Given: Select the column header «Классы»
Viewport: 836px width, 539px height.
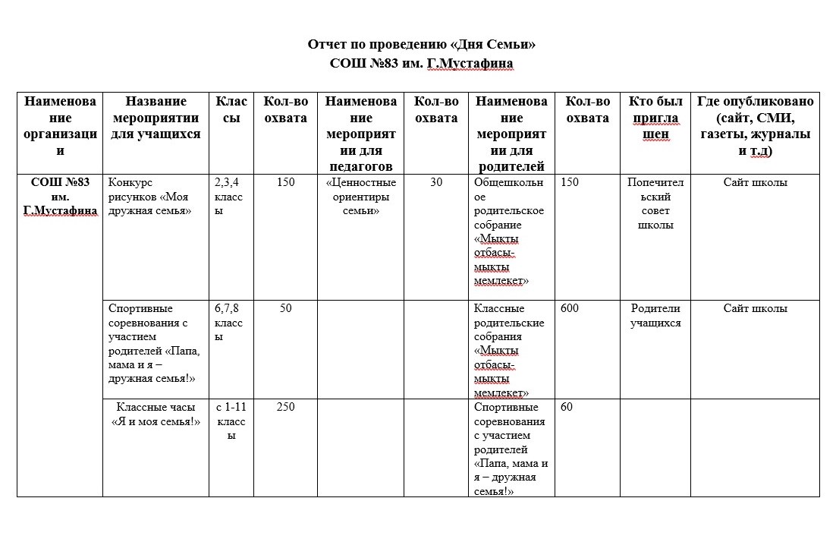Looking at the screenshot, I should pyautogui.click(x=231, y=109).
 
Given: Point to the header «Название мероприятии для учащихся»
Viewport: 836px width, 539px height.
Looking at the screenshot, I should pyautogui.click(x=156, y=118).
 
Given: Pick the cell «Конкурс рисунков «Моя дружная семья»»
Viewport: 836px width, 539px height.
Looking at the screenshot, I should pyautogui.click(x=149, y=197).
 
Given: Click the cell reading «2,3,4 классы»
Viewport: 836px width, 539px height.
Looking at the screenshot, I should pyautogui.click(x=230, y=197).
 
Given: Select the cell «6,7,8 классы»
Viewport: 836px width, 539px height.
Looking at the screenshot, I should pyautogui.click(x=230, y=323).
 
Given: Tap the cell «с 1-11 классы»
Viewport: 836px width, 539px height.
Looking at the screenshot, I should pyautogui.click(x=231, y=421).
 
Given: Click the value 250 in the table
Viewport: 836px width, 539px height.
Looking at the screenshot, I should pyautogui.click(x=285, y=407).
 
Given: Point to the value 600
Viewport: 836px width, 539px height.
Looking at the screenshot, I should pyautogui.click(x=570, y=308).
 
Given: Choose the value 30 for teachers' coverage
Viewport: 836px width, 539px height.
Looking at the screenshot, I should pyautogui.click(x=436, y=182).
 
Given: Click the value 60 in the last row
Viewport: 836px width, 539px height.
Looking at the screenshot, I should pyautogui.click(x=567, y=407).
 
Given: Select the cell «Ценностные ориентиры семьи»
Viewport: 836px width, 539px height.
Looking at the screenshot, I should pyautogui.click(x=360, y=197).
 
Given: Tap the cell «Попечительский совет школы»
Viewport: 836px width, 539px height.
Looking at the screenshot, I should pyautogui.click(x=655, y=203).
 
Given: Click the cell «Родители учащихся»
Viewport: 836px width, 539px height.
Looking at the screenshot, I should pyautogui.click(x=655, y=315).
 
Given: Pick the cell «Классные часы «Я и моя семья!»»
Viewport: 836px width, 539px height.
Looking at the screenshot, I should pyautogui.click(x=156, y=414).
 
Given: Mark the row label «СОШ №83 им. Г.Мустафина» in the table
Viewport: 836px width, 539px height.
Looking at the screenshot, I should pyautogui.click(x=60, y=197).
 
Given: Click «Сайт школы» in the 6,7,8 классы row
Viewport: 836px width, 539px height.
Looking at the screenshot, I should pyautogui.click(x=755, y=308).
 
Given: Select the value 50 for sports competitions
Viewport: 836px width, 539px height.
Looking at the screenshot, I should pyautogui.click(x=285, y=308).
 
